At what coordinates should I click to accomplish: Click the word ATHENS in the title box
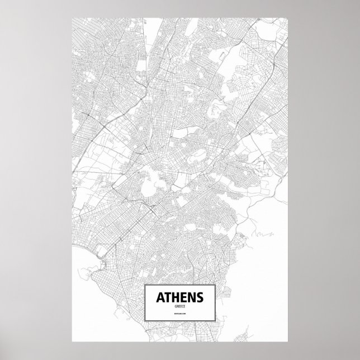(x=180, y=296)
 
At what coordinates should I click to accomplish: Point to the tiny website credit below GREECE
(x=180, y=316)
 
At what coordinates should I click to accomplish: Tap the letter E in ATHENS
(x=183, y=296)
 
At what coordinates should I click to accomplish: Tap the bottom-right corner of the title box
(x=216, y=322)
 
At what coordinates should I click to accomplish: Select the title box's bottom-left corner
(x=144, y=322)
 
